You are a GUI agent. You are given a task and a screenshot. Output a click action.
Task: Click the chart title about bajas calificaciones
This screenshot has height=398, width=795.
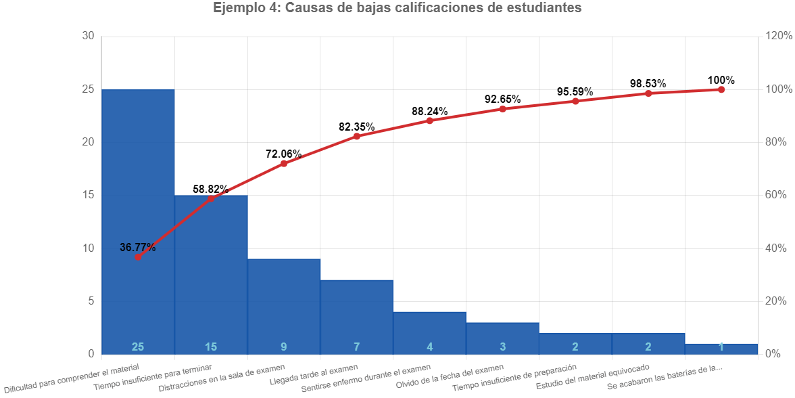(397, 9)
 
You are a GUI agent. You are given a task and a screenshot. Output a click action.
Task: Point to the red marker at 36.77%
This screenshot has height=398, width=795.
(138, 257)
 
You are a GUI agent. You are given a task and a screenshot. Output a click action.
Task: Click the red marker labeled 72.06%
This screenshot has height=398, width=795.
(284, 164)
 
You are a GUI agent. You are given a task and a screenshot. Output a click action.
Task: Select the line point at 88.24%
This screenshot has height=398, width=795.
(430, 120)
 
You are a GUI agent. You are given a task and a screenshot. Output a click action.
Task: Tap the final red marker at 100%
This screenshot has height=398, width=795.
(721, 89)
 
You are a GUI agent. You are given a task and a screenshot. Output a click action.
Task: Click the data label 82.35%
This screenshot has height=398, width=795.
(357, 127)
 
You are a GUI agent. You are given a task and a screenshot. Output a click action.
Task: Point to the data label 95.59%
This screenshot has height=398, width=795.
(575, 91)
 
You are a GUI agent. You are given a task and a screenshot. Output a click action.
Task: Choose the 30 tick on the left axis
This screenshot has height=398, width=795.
(88, 36)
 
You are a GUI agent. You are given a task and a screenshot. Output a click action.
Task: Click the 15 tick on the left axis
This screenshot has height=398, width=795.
(88, 195)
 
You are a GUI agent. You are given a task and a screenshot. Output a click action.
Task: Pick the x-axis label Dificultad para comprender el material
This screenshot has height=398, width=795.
(72, 379)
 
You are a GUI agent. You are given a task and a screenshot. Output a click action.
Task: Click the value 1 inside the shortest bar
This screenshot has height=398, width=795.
(721, 347)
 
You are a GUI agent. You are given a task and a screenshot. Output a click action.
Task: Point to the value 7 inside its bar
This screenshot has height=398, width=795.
(357, 347)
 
